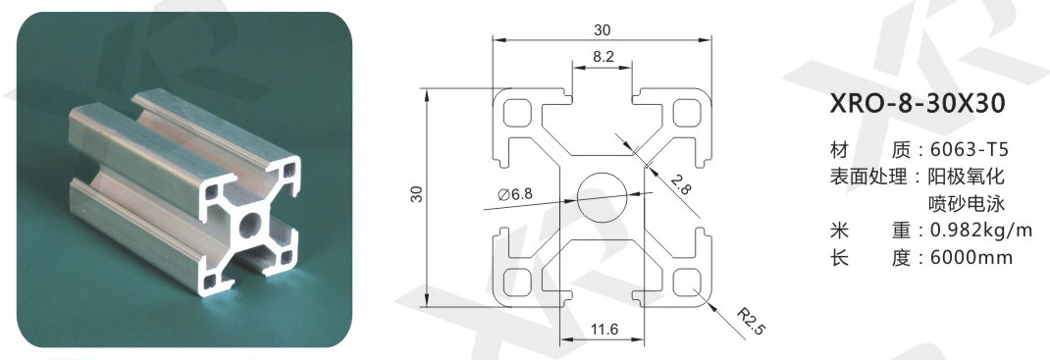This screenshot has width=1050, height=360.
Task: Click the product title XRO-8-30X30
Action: [918, 104]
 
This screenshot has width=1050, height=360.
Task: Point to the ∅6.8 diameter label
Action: [515, 195]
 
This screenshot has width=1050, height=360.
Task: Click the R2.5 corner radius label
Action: [750, 321]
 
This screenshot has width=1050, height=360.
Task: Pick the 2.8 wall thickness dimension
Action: [680, 183]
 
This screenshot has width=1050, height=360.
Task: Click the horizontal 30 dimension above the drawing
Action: [602, 30]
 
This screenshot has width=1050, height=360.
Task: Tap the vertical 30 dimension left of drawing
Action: [417, 195]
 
